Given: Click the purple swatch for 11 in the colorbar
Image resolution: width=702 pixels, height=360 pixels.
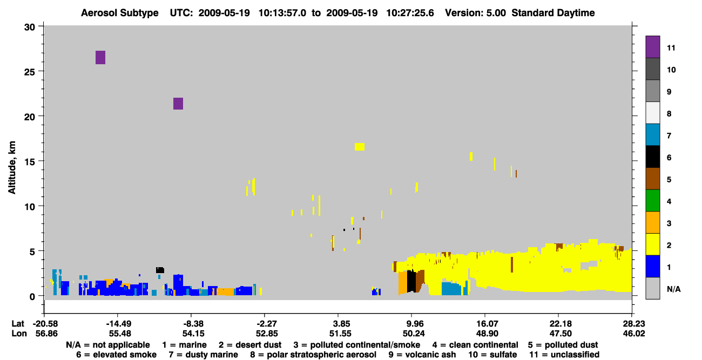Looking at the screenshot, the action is (x=653, y=47).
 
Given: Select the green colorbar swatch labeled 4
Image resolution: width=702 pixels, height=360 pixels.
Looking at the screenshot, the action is (x=653, y=201).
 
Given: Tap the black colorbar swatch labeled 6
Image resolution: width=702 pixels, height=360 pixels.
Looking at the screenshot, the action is (x=653, y=157).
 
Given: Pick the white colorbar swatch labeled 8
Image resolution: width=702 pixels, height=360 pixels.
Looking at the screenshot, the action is (x=653, y=113).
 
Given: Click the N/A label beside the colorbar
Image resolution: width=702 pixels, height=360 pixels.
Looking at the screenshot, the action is (x=673, y=289).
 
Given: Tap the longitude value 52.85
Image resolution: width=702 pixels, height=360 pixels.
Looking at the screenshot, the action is (x=267, y=334).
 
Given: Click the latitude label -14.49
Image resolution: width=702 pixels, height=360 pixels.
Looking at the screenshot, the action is (x=119, y=324).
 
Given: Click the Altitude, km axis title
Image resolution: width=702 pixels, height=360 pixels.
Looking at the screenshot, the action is (x=12, y=167).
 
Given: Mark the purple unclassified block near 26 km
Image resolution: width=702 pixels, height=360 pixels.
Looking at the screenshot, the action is (x=100, y=57).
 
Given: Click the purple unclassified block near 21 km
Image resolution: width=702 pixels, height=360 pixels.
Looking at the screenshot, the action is (x=178, y=104).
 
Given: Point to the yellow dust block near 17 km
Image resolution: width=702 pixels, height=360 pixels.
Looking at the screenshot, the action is (x=360, y=147).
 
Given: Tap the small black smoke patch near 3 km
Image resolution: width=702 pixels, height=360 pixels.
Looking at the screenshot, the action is (x=160, y=270).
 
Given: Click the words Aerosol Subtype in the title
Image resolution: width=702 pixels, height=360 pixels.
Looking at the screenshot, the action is (x=120, y=13).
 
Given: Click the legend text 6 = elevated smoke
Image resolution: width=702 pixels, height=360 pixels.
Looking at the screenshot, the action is (x=116, y=355).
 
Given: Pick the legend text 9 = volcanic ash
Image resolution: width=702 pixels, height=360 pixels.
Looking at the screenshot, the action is (x=422, y=355).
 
